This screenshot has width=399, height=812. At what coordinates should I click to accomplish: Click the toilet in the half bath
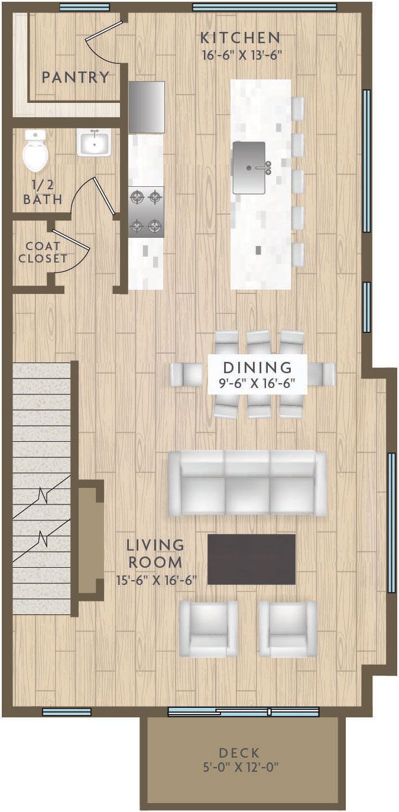click(x=35, y=151)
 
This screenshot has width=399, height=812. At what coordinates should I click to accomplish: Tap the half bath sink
click(x=94, y=143)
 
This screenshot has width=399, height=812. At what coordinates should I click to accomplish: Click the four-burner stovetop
click(x=146, y=212)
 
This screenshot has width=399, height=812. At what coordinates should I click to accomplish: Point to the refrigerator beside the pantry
click(x=147, y=107)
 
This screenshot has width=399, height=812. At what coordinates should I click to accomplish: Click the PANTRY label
click(x=76, y=77)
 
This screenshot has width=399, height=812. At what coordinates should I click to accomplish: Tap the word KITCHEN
click(x=241, y=38)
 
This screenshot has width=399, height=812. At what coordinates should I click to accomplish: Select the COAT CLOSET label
click(x=43, y=253)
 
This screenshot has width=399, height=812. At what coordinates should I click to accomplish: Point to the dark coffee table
click(x=251, y=559)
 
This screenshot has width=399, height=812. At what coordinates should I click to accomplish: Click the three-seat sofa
click(x=247, y=483)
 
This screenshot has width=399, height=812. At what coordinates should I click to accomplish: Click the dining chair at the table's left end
click(x=186, y=374)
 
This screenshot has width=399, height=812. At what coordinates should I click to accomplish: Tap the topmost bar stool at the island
click(x=298, y=109)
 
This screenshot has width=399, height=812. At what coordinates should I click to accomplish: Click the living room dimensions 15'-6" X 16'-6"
click(x=157, y=580)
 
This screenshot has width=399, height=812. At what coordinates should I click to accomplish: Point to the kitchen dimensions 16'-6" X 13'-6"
click(x=242, y=56)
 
